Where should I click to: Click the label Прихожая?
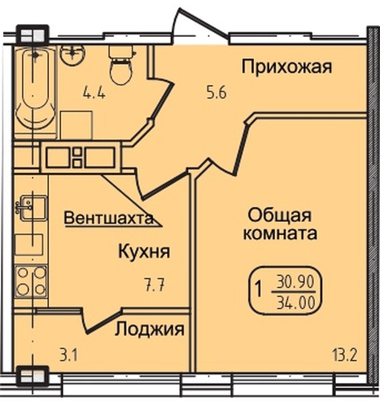tap(286, 67)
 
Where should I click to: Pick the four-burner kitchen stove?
tap(31, 282)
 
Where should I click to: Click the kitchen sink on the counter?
tap(31, 210)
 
